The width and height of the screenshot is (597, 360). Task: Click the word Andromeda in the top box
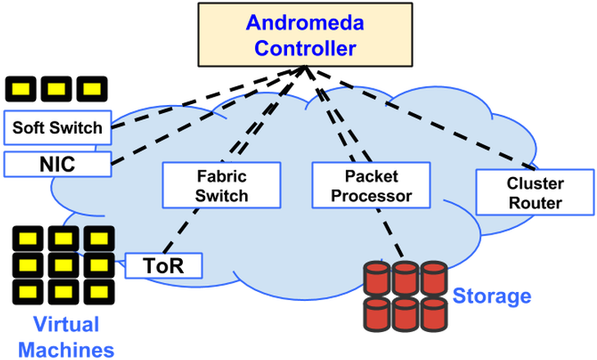coord(305,23)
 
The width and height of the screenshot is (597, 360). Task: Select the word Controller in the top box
coord(305,48)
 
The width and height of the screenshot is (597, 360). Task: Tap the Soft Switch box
coord(57,128)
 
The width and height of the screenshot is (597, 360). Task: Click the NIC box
coord(57,163)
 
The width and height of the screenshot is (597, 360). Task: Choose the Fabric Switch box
coord(221,185)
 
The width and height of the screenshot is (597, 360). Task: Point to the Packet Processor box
coord(371,185)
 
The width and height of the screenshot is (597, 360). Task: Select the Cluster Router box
coord(535,193)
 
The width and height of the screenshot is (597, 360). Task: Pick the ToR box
coord(164,265)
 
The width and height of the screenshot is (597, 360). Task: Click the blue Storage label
coord(492,296)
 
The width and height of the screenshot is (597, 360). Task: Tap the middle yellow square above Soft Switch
coord(57,88)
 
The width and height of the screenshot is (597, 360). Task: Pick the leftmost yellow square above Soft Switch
coord(20,88)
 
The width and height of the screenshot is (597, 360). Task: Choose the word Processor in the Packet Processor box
coord(371,197)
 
